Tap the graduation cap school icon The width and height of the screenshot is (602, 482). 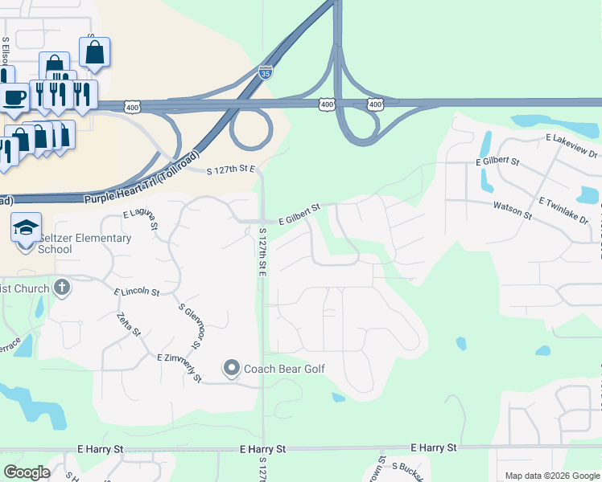(27, 227)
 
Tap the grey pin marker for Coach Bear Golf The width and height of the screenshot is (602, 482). (232, 369)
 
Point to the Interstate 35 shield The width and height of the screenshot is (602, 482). (266, 72)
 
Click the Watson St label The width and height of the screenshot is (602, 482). (513, 210)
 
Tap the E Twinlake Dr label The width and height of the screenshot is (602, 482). (563, 209)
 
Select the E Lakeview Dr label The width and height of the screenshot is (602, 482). (571, 146)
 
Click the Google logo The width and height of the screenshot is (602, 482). (27, 472)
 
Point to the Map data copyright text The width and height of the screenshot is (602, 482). (552, 476)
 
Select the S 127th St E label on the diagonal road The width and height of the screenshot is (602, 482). (230, 170)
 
